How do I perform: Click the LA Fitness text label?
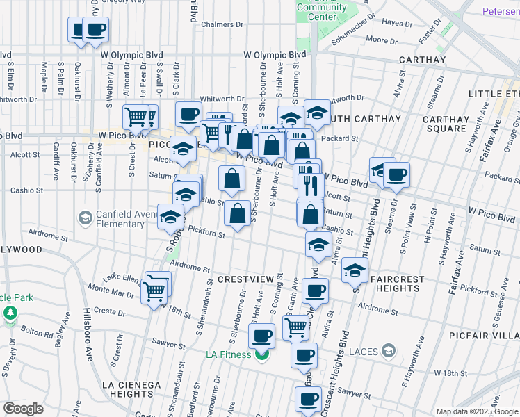[x=229, y=355]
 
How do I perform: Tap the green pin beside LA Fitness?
[x=261, y=357]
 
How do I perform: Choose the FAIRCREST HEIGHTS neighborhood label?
[x=398, y=284]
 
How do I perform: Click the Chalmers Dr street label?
[x=222, y=24]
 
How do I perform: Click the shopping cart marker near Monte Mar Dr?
[x=154, y=291]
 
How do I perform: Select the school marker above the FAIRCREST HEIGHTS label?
[x=355, y=271]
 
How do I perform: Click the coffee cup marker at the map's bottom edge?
[x=308, y=399]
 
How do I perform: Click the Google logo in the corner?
[x=23, y=408]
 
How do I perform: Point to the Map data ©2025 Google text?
[x=477, y=411]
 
